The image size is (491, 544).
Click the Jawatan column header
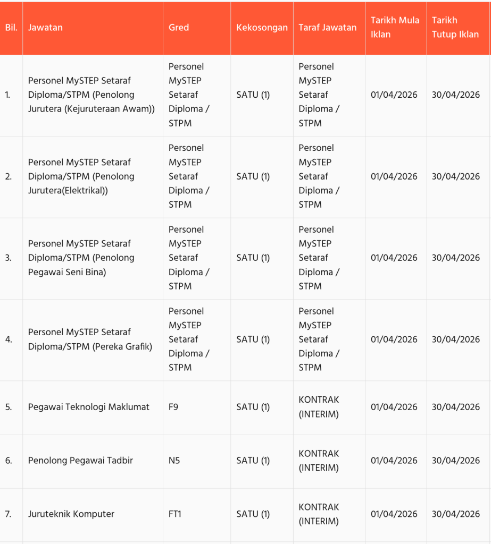[x=45, y=28]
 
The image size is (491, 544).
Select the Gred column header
[x=179, y=28]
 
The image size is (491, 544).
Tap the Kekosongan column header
[x=262, y=28]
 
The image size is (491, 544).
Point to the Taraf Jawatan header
[x=328, y=28]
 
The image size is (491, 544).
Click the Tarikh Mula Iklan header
[x=395, y=28]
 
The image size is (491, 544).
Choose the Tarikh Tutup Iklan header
[x=455, y=28]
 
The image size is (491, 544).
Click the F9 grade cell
[x=173, y=407]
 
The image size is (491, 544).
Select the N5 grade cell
[x=174, y=461]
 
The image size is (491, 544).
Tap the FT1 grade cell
[x=175, y=514]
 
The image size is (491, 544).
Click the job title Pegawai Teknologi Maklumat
[x=89, y=407]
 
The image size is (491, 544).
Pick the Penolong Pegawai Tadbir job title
[x=80, y=461]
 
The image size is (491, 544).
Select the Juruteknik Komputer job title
[x=71, y=514]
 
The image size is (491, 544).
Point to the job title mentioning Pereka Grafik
[x=90, y=339]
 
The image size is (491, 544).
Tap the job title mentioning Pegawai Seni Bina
[x=81, y=258]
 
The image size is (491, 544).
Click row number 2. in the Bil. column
[x=8, y=176]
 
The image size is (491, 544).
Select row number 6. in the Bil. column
[x=8, y=461]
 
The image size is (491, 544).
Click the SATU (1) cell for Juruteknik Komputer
[x=253, y=514]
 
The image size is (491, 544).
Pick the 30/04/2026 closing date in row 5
[x=455, y=407]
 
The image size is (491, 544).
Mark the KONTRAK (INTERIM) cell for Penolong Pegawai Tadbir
[x=319, y=461]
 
